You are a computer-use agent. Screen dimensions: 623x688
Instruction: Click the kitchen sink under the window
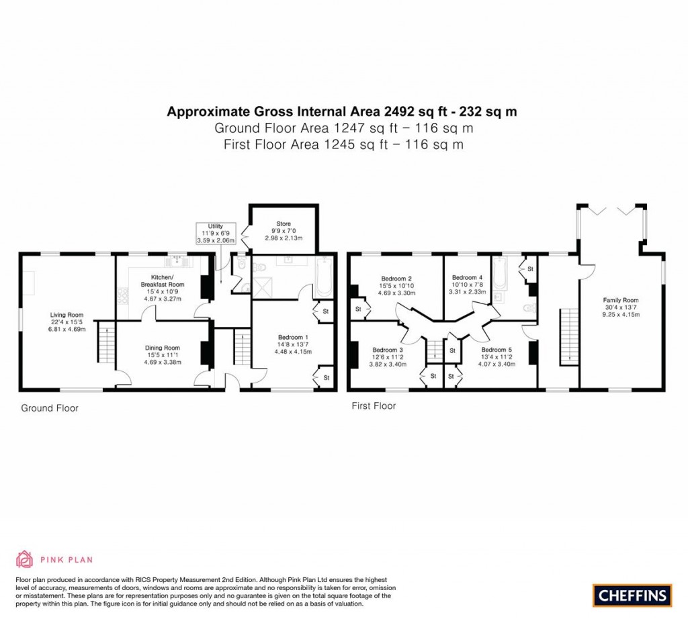pos(179,258)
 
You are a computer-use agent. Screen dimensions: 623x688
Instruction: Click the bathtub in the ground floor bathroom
pos(323,277)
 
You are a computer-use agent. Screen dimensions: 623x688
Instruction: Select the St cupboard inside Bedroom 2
pos(357,309)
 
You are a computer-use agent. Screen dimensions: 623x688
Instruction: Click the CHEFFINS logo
pos(632,595)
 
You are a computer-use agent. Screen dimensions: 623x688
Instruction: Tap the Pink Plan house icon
pos(24,559)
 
